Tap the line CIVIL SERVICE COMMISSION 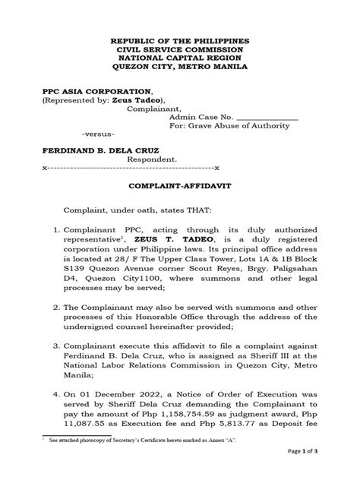[179, 48]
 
